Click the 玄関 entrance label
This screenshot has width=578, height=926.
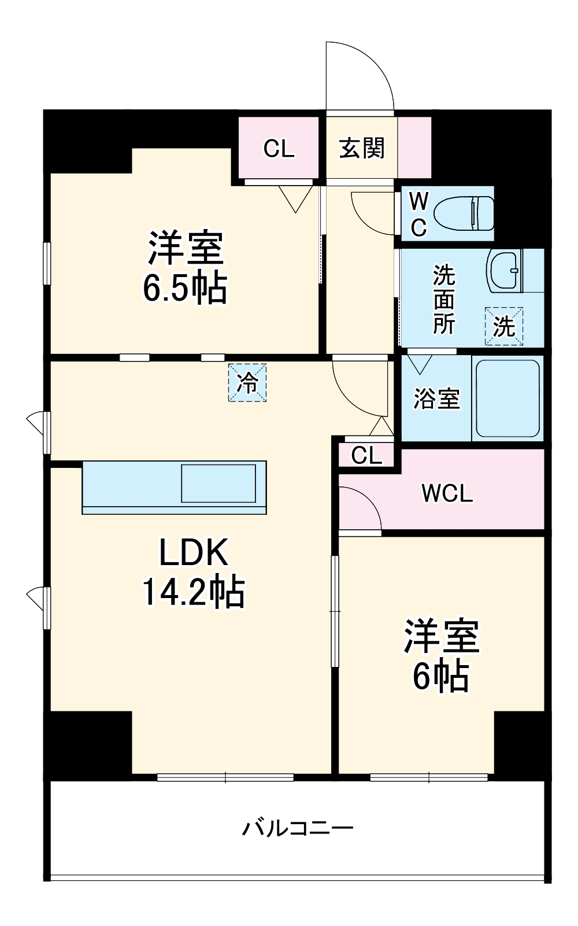click(361, 149)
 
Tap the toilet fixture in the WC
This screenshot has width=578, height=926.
click(465, 212)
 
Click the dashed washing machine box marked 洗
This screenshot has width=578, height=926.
click(504, 326)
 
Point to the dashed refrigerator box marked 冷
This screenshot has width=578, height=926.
click(247, 382)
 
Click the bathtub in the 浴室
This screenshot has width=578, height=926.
click(507, 398)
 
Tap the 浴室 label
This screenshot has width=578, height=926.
click(436, 399)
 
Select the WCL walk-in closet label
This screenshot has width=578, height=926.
click(447, 493)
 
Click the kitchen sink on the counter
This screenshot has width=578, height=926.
click(218, 483)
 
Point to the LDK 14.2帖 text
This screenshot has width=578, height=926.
click(194, 571)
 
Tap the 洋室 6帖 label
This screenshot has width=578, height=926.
click(441, 655)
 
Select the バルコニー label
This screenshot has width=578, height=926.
click(297, 828)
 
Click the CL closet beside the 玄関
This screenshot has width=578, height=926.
click(279, 149)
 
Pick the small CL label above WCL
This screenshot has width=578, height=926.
click(366, 456)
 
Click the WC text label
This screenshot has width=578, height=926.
click(418, 214)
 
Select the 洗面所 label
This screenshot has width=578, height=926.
click(444, 299)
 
